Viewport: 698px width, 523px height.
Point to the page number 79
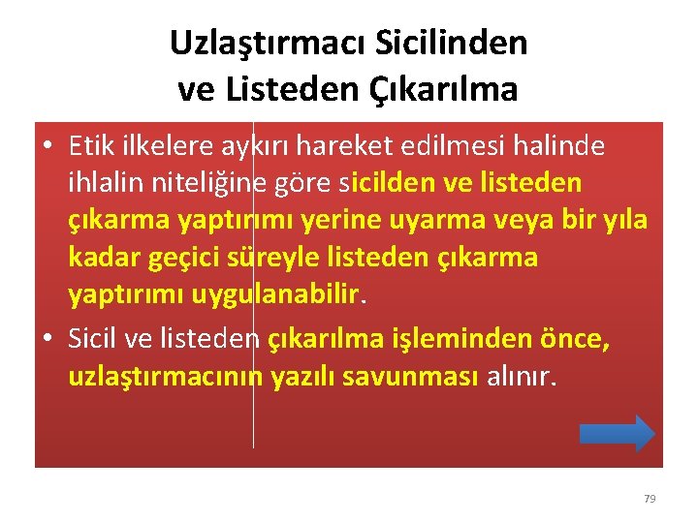click(650, 499)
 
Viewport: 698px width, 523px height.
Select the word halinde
click(555, 146)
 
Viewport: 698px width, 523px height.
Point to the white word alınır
click(521, 375)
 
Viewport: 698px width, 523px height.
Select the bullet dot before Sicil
click(48, 338)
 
